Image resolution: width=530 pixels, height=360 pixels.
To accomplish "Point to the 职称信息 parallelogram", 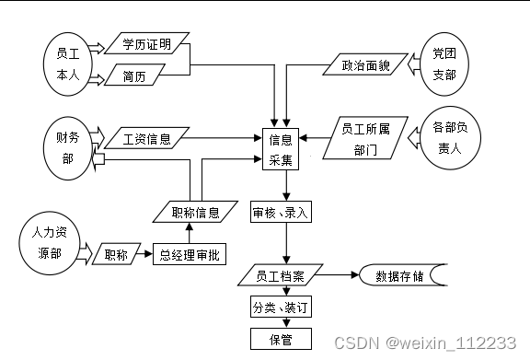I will click(195, 213).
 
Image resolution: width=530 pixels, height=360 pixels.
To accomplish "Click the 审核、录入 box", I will click(281, 213).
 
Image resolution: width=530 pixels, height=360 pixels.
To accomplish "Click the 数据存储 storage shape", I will click(400, 275).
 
